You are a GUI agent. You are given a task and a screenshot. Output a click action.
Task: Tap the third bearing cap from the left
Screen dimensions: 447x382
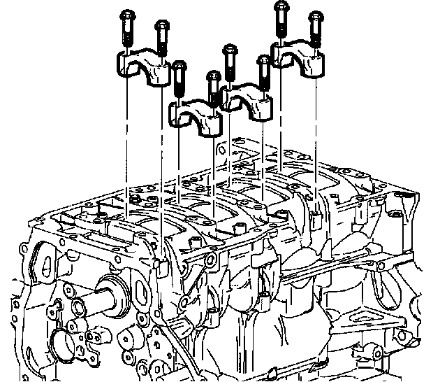click(246, 98)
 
